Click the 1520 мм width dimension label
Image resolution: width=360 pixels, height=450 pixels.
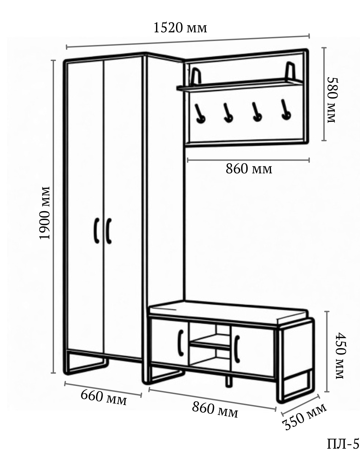pos(180,28)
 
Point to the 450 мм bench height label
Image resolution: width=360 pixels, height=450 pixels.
pos(340,355)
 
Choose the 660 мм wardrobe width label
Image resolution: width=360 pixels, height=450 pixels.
pos(104,397)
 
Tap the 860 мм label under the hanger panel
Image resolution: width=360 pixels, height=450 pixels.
pos(249,169)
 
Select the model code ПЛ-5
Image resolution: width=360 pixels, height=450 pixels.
pos(343,444)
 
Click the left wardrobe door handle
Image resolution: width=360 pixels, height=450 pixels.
pos(96,230)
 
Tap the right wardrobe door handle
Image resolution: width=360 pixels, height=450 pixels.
pos(109,231)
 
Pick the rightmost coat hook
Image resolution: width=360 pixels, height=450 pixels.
pos(285,110)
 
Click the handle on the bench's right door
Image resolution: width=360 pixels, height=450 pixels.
pos(237,349)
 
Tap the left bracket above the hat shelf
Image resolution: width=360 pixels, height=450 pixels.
pos(196,76)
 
